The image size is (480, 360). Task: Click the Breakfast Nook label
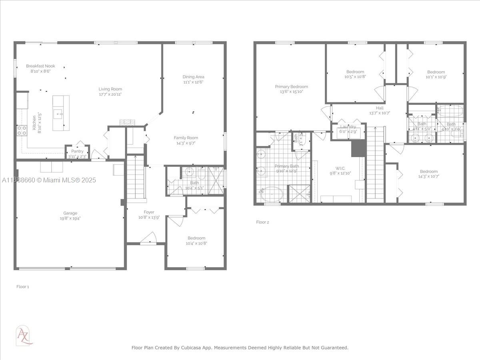point(40,66)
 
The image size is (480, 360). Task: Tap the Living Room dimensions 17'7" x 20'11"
point(110,94)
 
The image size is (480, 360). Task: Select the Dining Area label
point(194,77)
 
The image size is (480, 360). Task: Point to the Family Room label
point(186,138)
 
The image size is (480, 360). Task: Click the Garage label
point(70,213)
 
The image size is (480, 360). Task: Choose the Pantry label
point(77,151)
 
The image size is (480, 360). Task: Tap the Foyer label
point(149,212)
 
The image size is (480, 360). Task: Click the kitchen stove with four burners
point(22,130)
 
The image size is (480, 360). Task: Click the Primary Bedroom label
point(291,86)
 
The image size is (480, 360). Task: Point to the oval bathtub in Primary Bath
point(272,195)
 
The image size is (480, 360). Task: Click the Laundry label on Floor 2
point(348,126)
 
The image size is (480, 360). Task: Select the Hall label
point(379,108)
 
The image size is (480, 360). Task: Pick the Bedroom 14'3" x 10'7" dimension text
point(428,176)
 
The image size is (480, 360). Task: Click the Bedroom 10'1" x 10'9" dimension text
point(436,77)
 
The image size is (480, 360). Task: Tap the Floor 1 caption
point(22,286)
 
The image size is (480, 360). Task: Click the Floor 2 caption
point(262,222)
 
